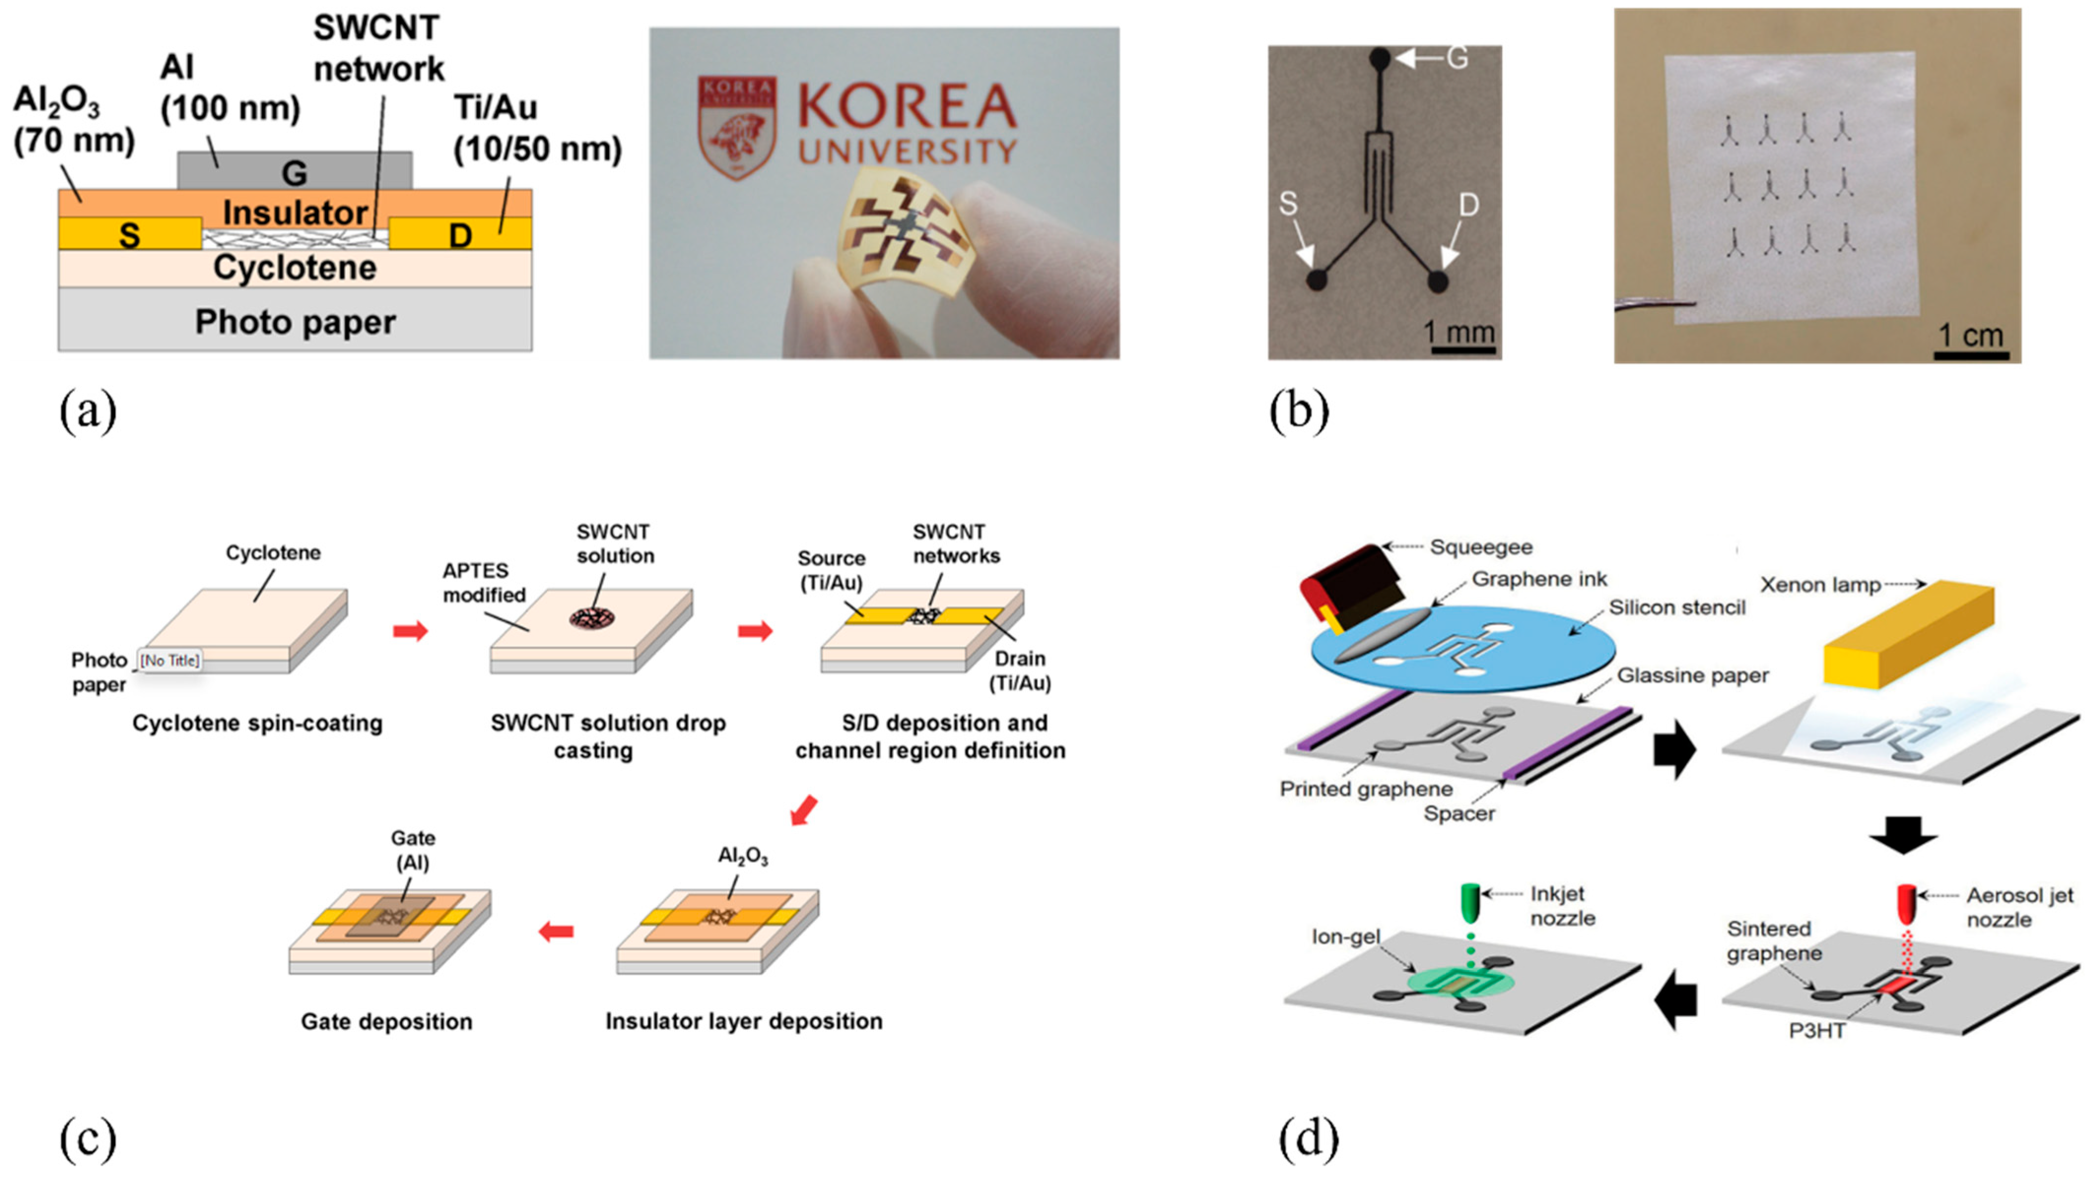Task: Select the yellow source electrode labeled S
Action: coord(130,233)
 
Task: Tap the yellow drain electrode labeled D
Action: coord(461,233)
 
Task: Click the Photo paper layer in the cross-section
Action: coord(295,322)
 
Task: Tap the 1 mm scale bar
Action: coord(1463,350)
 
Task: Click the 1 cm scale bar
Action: coord(1971,354)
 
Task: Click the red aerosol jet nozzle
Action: coord(1906,902)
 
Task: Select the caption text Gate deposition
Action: coord(387,1021)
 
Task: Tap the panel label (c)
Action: coord(88,1139)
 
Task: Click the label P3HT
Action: coord(1817,1031)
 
